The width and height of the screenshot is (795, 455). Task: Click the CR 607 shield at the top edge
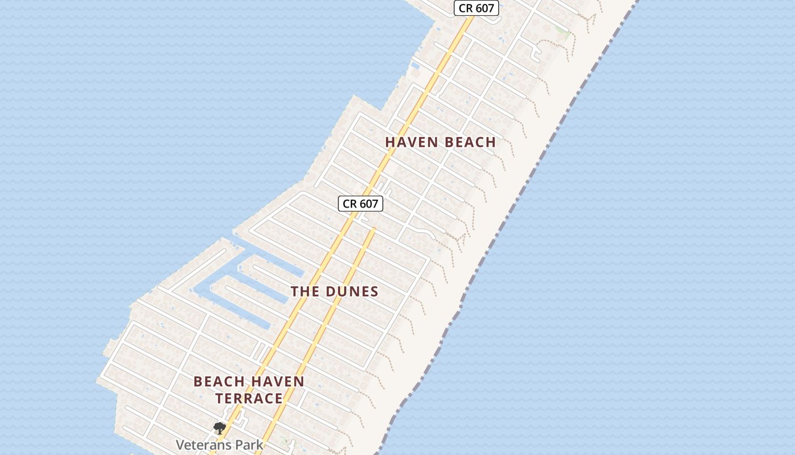click(476, 9)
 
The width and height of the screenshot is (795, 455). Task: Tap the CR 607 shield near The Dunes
click(361, 204)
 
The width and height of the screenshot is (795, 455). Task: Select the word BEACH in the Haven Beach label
click(470, 142)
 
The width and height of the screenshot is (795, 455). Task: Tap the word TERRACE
click(249, 398)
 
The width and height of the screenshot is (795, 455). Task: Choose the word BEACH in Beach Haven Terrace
click(219, 382)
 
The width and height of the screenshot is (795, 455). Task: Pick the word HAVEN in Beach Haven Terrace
click(278, 382)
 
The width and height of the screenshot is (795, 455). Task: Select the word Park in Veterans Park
click(250, 445)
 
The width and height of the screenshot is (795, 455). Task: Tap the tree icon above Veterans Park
click(219, 428)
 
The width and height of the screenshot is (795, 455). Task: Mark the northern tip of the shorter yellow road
click(374, 229)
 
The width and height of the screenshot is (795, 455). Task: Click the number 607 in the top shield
click(484, 9)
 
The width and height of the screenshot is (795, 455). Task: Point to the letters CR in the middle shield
click(349, 204)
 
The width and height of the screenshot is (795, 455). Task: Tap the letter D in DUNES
click(331, 292)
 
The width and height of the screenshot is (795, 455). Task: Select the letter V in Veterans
click(181, 445)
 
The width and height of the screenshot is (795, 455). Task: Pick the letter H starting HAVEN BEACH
click(391, 142)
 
